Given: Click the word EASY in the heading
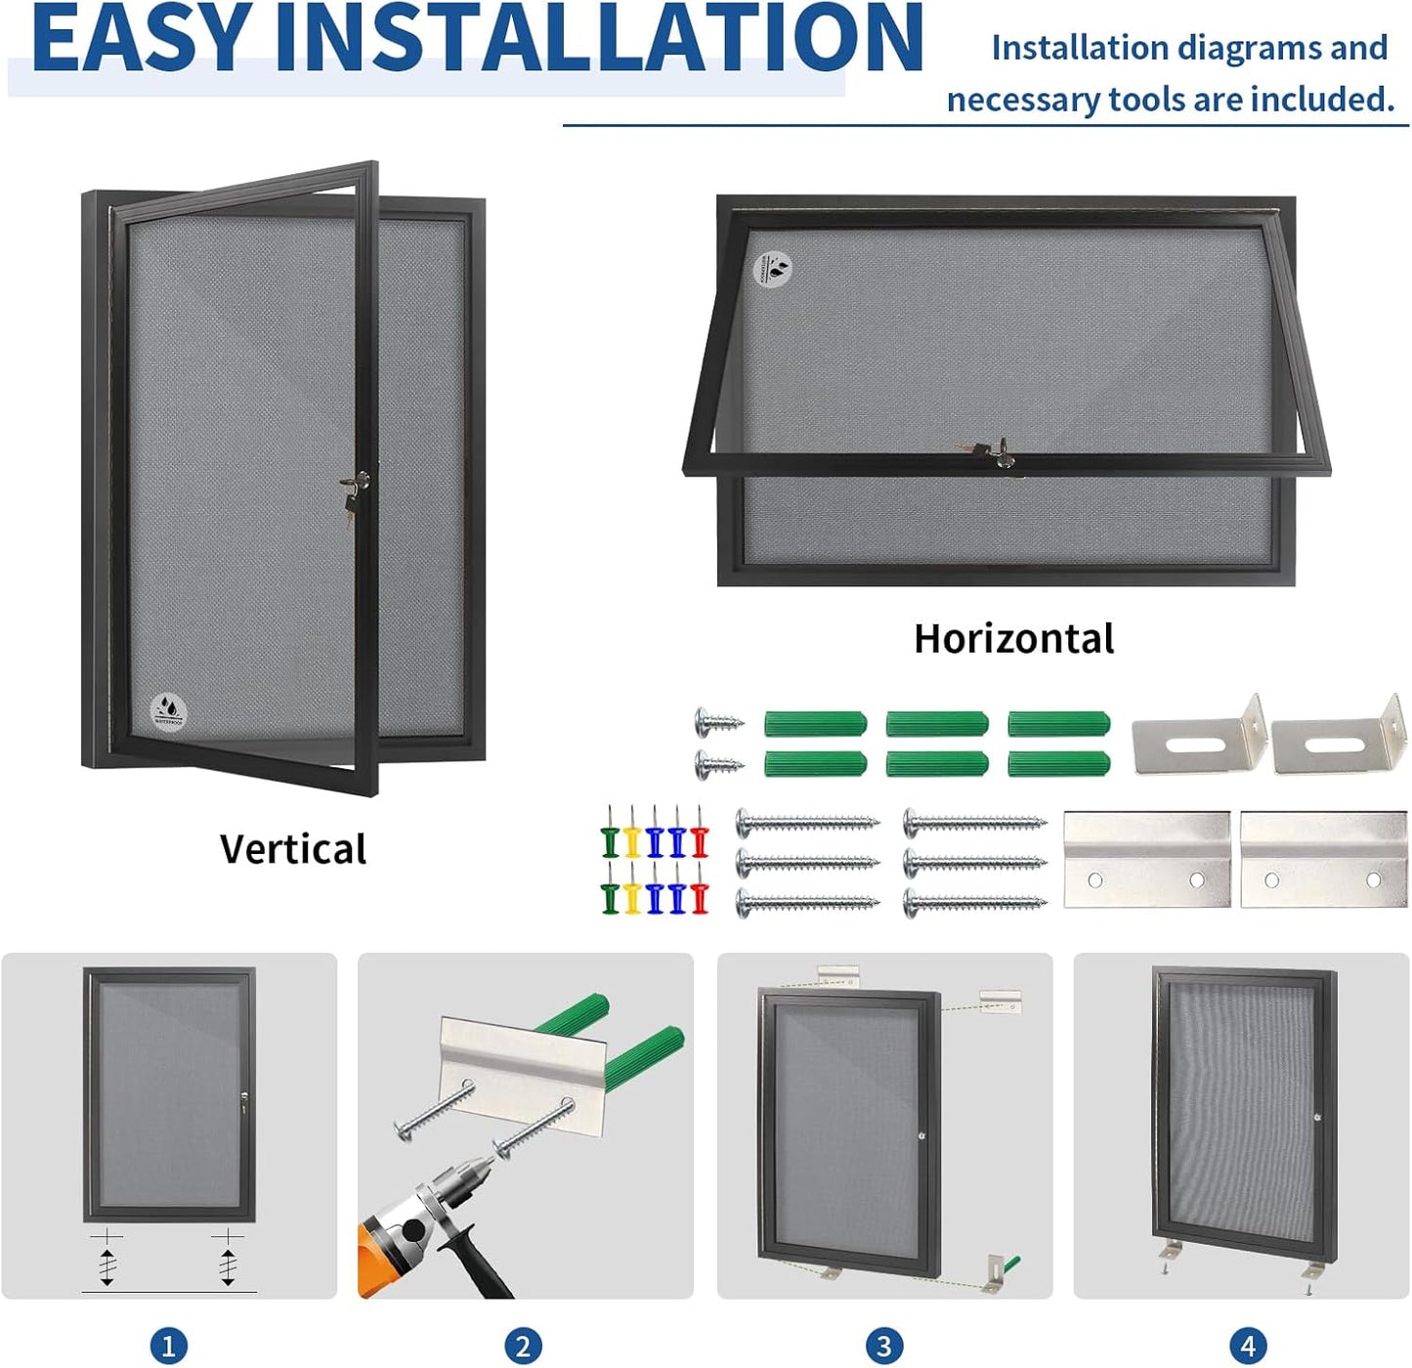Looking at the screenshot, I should (139, 39).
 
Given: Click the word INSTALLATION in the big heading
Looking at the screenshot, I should (598, 39).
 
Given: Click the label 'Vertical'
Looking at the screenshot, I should (292, 848).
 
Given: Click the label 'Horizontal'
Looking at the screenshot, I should (1013, 638).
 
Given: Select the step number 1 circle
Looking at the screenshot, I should (168, 1346).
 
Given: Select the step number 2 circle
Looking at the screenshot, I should (523, 1346).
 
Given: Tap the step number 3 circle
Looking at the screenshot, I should (883, 1346).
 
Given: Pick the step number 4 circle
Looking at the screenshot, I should (1247, 1346).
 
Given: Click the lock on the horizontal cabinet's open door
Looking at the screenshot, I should (999, 453).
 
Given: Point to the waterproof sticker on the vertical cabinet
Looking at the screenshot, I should (168, 710).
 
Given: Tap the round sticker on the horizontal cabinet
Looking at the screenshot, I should (774, 268).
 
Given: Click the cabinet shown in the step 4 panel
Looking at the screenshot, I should (1243, 1114).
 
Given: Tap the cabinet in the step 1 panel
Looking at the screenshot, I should (169, 1094).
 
